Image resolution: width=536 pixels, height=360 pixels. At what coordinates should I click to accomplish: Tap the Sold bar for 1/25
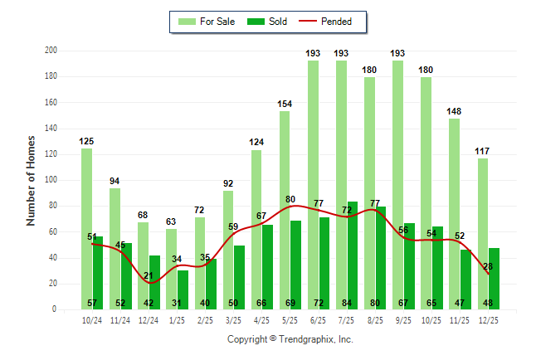coord(183,289)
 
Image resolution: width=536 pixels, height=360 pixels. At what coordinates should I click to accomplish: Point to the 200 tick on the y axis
coord(51,51)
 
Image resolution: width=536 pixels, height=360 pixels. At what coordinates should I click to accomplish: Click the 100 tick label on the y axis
coord(51,180)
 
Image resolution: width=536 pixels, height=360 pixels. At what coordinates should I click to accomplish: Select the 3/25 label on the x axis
coord(233,320)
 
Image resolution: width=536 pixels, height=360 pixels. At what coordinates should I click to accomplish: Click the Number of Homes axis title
coord(32,180)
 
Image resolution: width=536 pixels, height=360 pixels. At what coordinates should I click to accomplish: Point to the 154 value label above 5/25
coord(285,104)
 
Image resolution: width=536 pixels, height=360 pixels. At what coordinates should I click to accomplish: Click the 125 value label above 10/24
coord(86,141)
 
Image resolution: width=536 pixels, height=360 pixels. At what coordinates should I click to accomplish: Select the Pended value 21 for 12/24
coord(149,275)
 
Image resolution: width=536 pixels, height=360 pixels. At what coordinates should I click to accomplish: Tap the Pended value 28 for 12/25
coord(489,266)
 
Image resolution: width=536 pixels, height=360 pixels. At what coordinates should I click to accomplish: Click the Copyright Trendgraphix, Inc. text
coord(290,339)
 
